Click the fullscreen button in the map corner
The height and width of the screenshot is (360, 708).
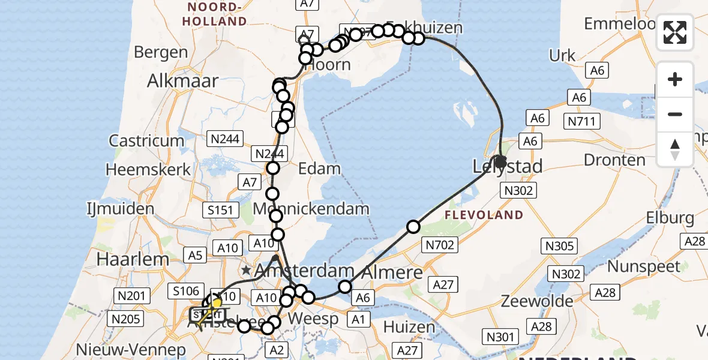pyautogui.click(x=675, y=32)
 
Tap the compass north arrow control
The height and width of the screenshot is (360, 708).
pyautogui.click(x=675, y=149)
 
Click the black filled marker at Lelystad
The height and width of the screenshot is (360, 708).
pyautogui.click(x=500, y=161)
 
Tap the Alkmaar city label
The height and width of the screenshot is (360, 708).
pyautogui.click(x=183, y=81)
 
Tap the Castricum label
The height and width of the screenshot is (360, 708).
pyautogui.click(x=146, y=141)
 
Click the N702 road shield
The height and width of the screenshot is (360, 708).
pyautogui.click(x=440, y=244)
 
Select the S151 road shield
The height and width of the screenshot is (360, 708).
pyautogui.click(x=223, y=210)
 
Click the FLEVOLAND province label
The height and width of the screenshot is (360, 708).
pyautogui.click(x=484, y=215)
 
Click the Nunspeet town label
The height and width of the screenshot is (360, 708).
pyautogui.click(x=644, y=266)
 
